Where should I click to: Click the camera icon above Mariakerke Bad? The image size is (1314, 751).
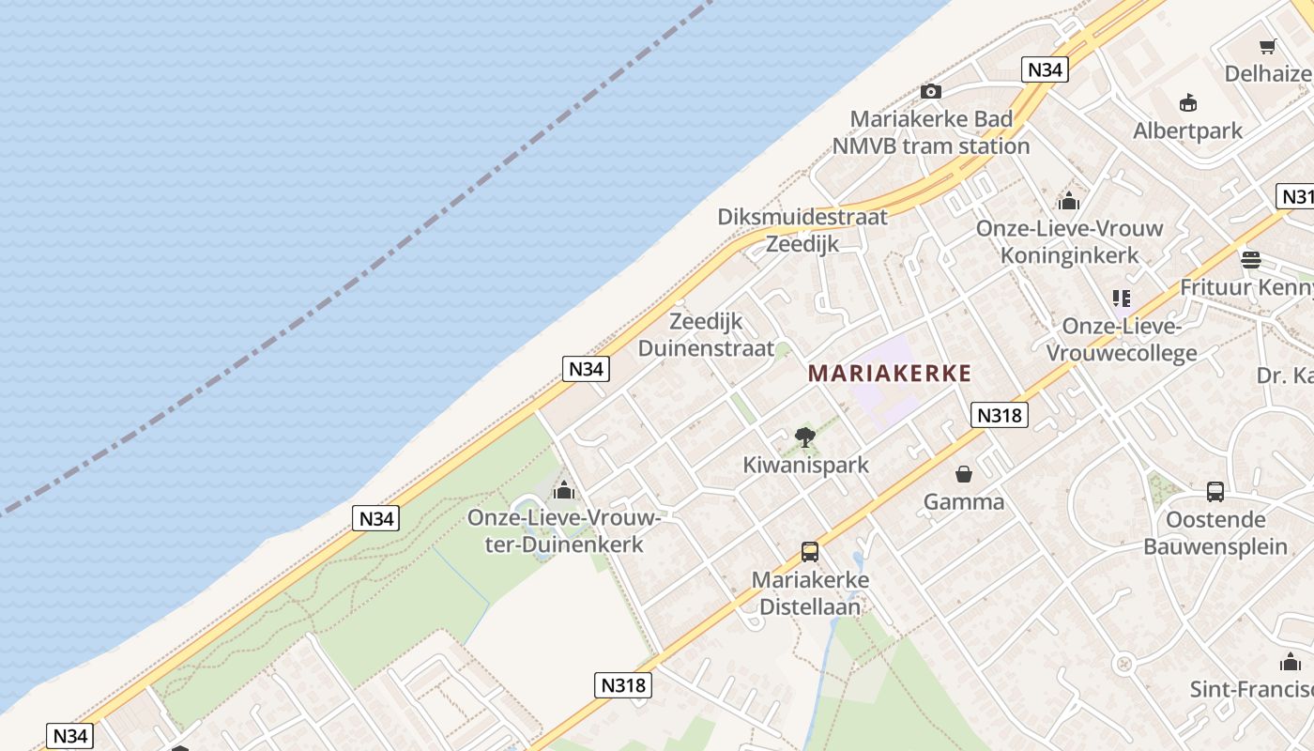pos(930,91)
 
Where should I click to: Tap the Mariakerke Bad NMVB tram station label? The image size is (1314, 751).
pos(931,132)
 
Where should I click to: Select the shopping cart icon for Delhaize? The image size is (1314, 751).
pos(1267,46)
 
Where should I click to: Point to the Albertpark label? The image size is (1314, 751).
pos(1187,130)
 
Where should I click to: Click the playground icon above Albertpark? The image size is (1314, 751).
pos(1188,102)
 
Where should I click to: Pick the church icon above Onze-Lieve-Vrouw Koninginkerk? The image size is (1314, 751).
pos(1068,201)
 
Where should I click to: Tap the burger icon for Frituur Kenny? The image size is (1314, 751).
pos(1250,259)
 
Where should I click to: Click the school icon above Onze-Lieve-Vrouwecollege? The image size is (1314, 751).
pos(1121,299)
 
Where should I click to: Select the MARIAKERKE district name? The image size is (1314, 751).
pos(889,374)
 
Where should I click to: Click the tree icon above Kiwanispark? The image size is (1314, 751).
pos(804,437)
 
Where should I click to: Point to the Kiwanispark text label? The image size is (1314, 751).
pos(805,465)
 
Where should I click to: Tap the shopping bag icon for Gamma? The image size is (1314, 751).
pos(963,474)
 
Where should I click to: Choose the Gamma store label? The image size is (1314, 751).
pos(963,501)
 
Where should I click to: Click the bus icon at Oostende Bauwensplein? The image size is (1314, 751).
pos(1215,491)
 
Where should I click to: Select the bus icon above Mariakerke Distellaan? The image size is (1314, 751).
pos(809,552)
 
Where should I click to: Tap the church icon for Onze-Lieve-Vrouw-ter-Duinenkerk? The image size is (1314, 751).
pos(563,490)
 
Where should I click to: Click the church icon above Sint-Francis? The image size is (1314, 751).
pos(1291,662)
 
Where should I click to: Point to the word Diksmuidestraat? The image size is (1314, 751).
pos(802,217)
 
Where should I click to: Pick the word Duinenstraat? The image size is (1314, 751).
pos(706,348)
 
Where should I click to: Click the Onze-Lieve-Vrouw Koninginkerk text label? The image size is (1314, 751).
pos(1069,241)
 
